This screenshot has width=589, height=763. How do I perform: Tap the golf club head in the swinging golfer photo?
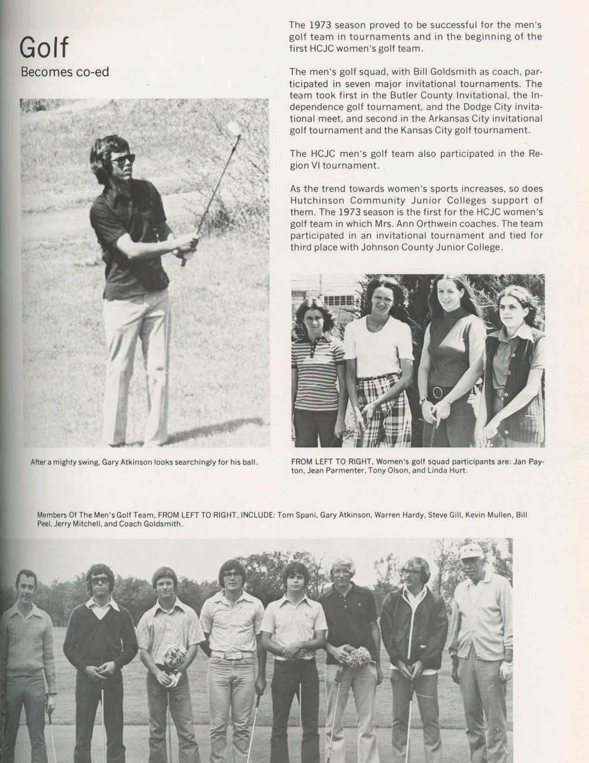coord(232,127)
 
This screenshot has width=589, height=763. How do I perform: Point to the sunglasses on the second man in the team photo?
coord(100,581)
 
